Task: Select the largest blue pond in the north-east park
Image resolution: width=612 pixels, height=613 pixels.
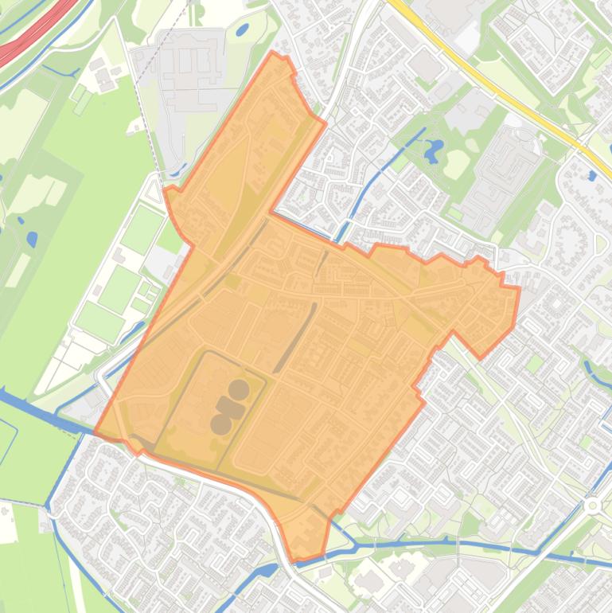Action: tap(434, 149)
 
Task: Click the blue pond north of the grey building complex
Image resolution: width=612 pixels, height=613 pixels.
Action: tap(241, 30)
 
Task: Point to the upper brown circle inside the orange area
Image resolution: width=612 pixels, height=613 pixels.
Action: tap(238, 389)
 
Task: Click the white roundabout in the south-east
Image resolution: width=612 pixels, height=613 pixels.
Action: tap(591, 505)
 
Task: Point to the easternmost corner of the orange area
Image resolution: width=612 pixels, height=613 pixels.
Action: tap(520, 288)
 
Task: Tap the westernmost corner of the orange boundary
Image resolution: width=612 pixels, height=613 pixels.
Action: tap(95, 435)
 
